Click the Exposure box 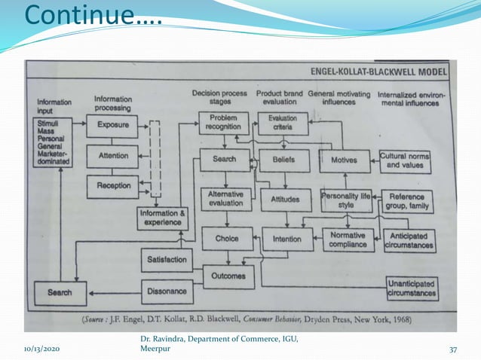(112, 124)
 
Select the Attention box (112, 155)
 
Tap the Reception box (112, 185)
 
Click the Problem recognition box (223, 123)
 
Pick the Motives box (345, 160)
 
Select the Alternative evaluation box (225, 198)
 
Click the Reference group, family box (407, 200)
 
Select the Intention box (286, 239)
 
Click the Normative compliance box (348, 239)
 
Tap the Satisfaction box (167, 260)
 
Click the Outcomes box (228, 276)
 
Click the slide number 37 (453, 349)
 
